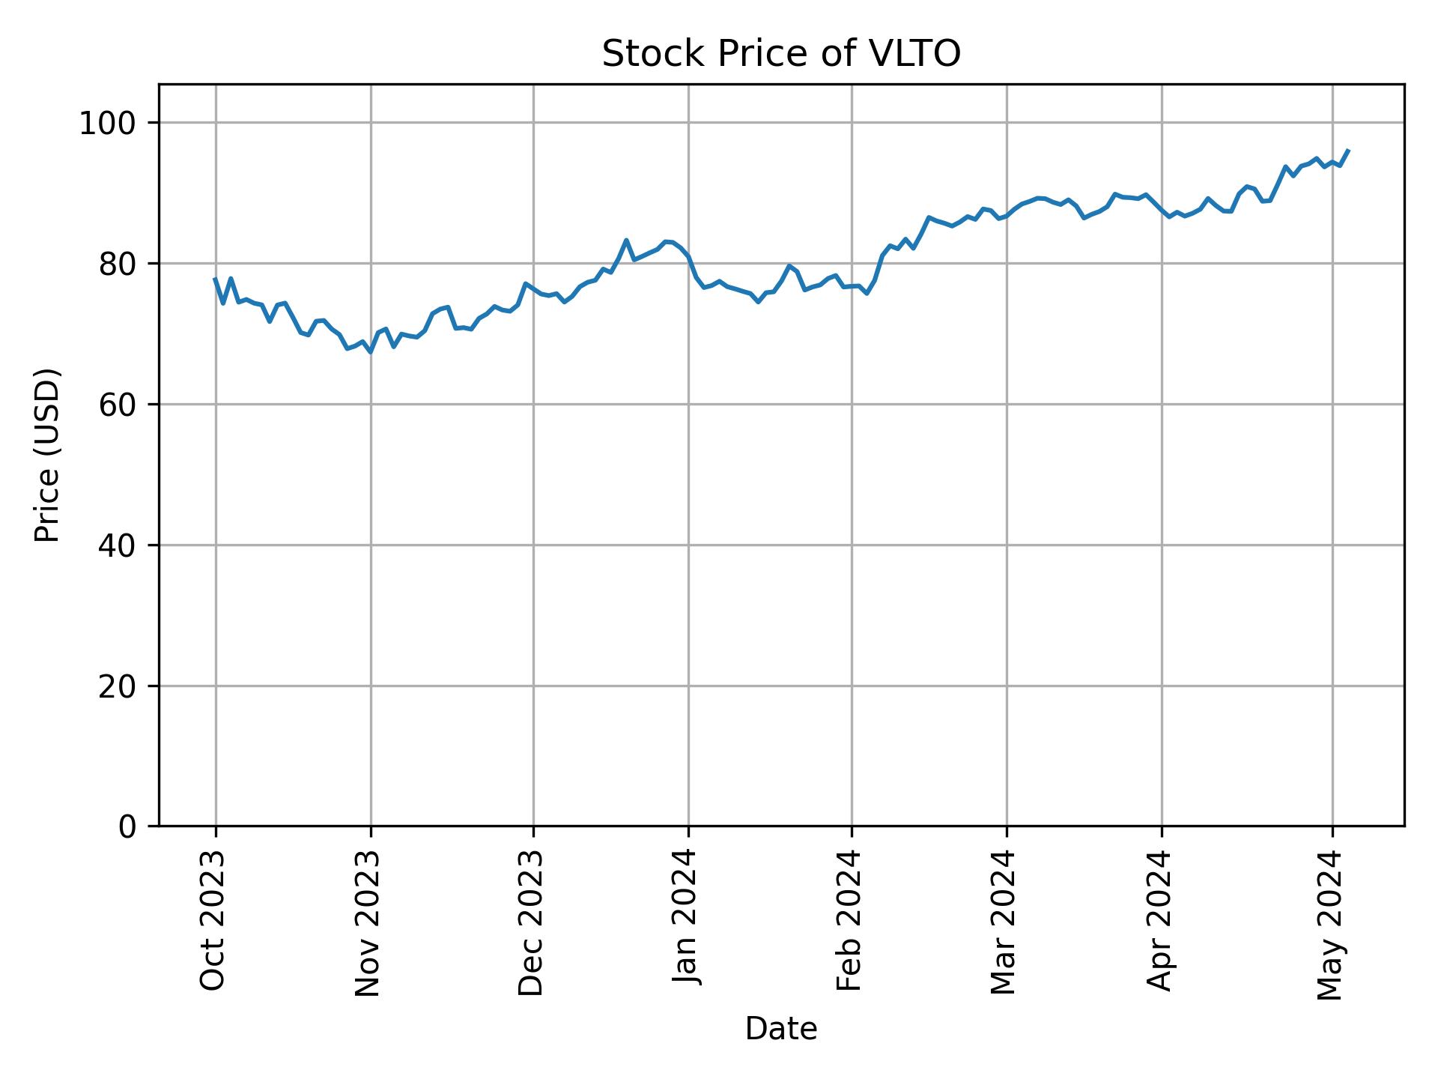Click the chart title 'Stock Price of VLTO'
click(780, 55)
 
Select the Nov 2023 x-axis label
click(368, 923)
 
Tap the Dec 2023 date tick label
click(531, 923)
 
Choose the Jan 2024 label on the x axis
click(686, 918)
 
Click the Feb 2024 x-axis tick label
click(849, 921)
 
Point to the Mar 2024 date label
click(1004, 922)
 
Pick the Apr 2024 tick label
click(1159, 921)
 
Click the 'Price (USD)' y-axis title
click(48, 455)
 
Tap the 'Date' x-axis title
click(780, 1029)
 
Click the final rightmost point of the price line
click(1348, 151)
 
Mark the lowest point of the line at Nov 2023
click(371, 351)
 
